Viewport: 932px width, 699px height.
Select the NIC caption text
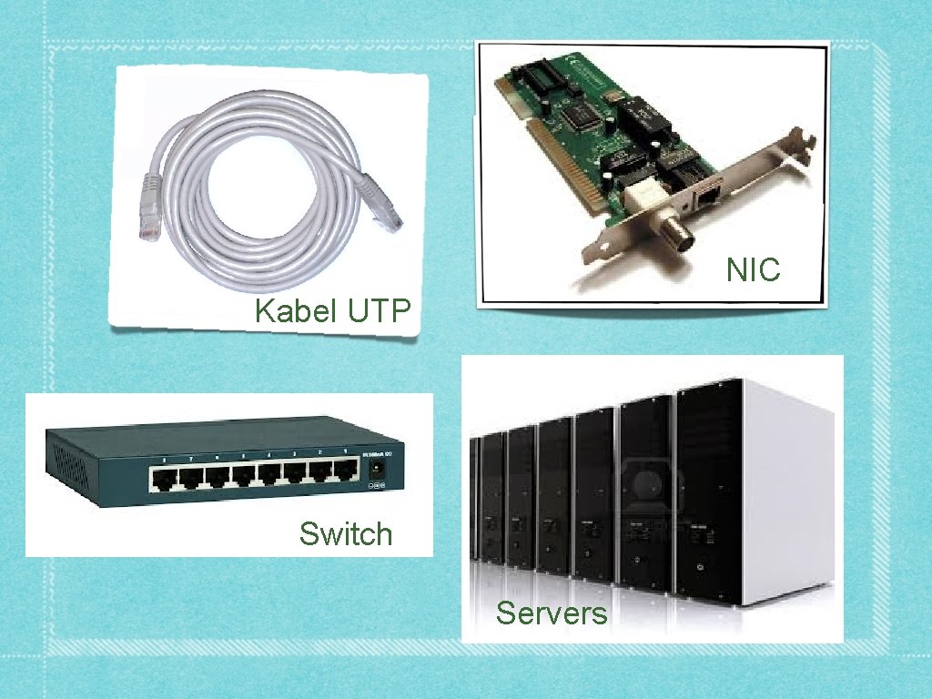[x=753, y=269]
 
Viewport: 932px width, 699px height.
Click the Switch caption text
[x=346, y=533]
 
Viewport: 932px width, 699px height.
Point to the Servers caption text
[x=551, y=613]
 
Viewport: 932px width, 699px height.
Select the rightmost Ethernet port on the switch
[x=345, y=471]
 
